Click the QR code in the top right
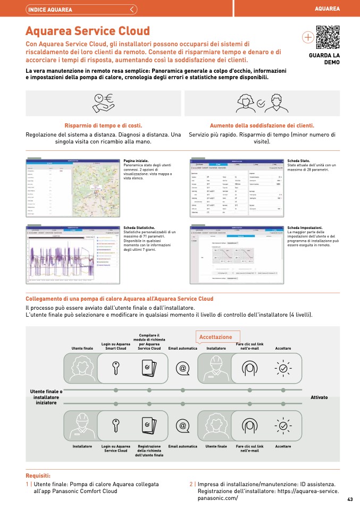click(x=327, y=37)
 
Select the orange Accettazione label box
click(x=216, y=337)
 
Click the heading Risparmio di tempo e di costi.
click(x=103, y=125)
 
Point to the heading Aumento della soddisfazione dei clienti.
click(x=262, y=125)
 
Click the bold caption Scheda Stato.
click(x=298, y=160)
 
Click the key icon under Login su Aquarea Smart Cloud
click(x=115, y=367)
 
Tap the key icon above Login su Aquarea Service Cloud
click(x=115, y=426)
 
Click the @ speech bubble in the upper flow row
click(x=182, y=368)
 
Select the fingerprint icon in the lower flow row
click(x=249, y=426)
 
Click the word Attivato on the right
click(x=319, y=397)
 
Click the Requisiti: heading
click(x=38, y=476)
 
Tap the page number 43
click(x=350, y=499)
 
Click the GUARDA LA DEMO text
click(x=324, y=58)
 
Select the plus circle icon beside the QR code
click(x=307, y=37)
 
